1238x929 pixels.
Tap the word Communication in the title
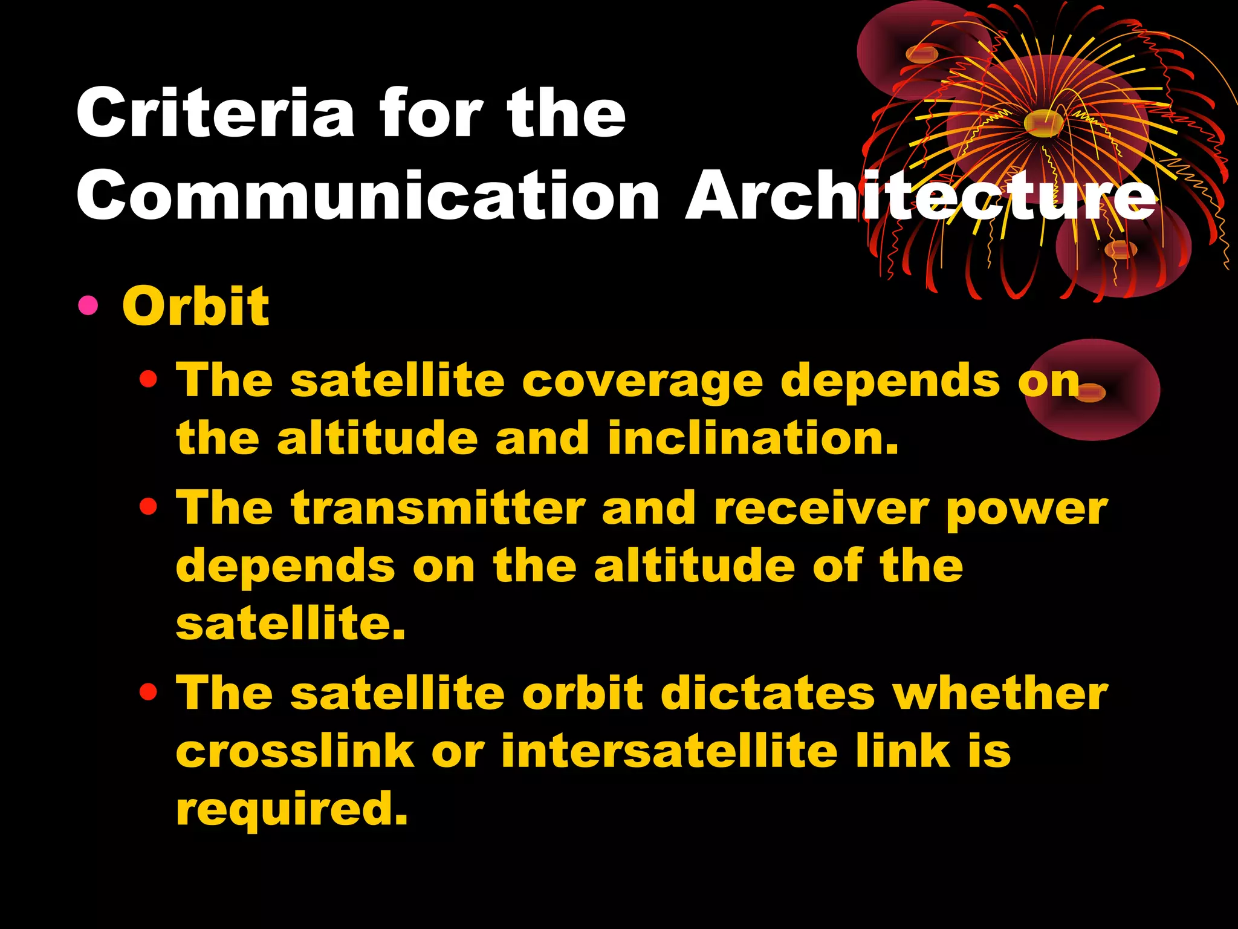tap(368, 196)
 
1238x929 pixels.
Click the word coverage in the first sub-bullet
tap(643, 382)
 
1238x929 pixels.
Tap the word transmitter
tap(438, 508)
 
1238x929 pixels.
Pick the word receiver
tap(821, 508)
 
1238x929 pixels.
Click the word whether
tap(1000, 693)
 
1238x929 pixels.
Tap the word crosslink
tap(295, 751)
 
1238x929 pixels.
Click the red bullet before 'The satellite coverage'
tap(148, 380)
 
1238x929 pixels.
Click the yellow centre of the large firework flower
tap(1045, 123)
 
